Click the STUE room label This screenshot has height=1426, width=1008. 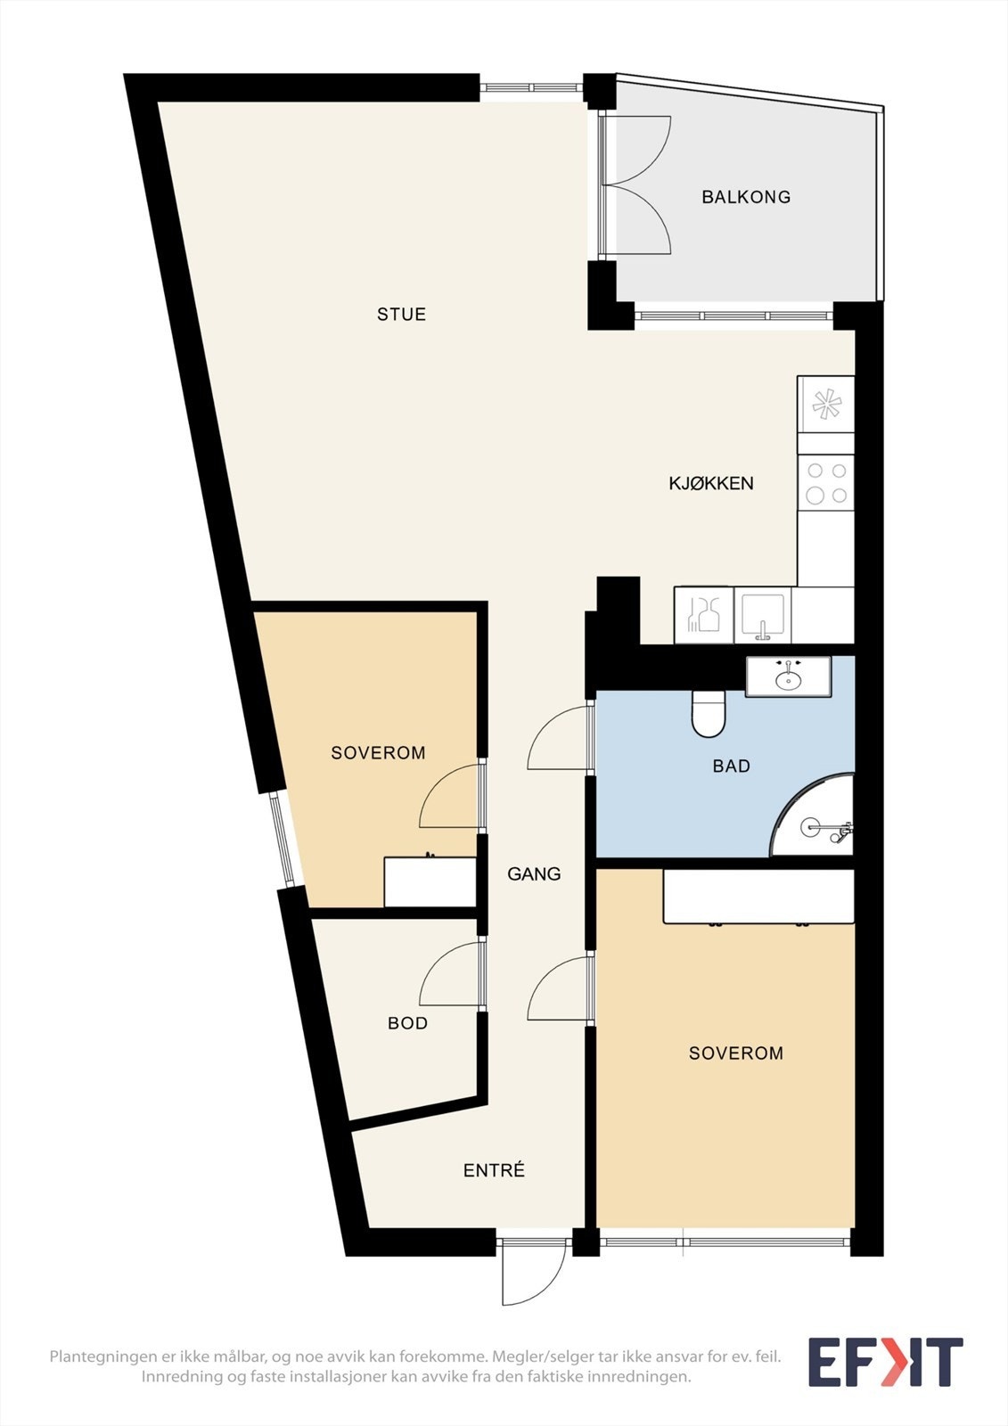(401, 314)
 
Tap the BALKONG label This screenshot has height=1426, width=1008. (746, 197)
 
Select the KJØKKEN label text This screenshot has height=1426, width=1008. (711, 483)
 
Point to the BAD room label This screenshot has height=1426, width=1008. (731, 766)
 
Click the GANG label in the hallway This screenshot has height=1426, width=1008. (534, 874)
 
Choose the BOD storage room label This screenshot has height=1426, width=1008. (407, 1023)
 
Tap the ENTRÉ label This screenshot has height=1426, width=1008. (494, 1170)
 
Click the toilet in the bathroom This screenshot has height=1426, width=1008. (708, 714)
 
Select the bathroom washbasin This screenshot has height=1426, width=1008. (789, 676)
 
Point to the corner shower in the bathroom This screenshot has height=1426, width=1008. (813, 815)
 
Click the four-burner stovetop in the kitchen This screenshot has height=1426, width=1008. (826, 482)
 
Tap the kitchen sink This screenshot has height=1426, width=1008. (763, 615)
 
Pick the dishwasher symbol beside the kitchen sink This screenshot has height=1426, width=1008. (703, 615)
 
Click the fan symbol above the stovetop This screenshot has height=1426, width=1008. (826, 404)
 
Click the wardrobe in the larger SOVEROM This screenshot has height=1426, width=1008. (758, 897)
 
